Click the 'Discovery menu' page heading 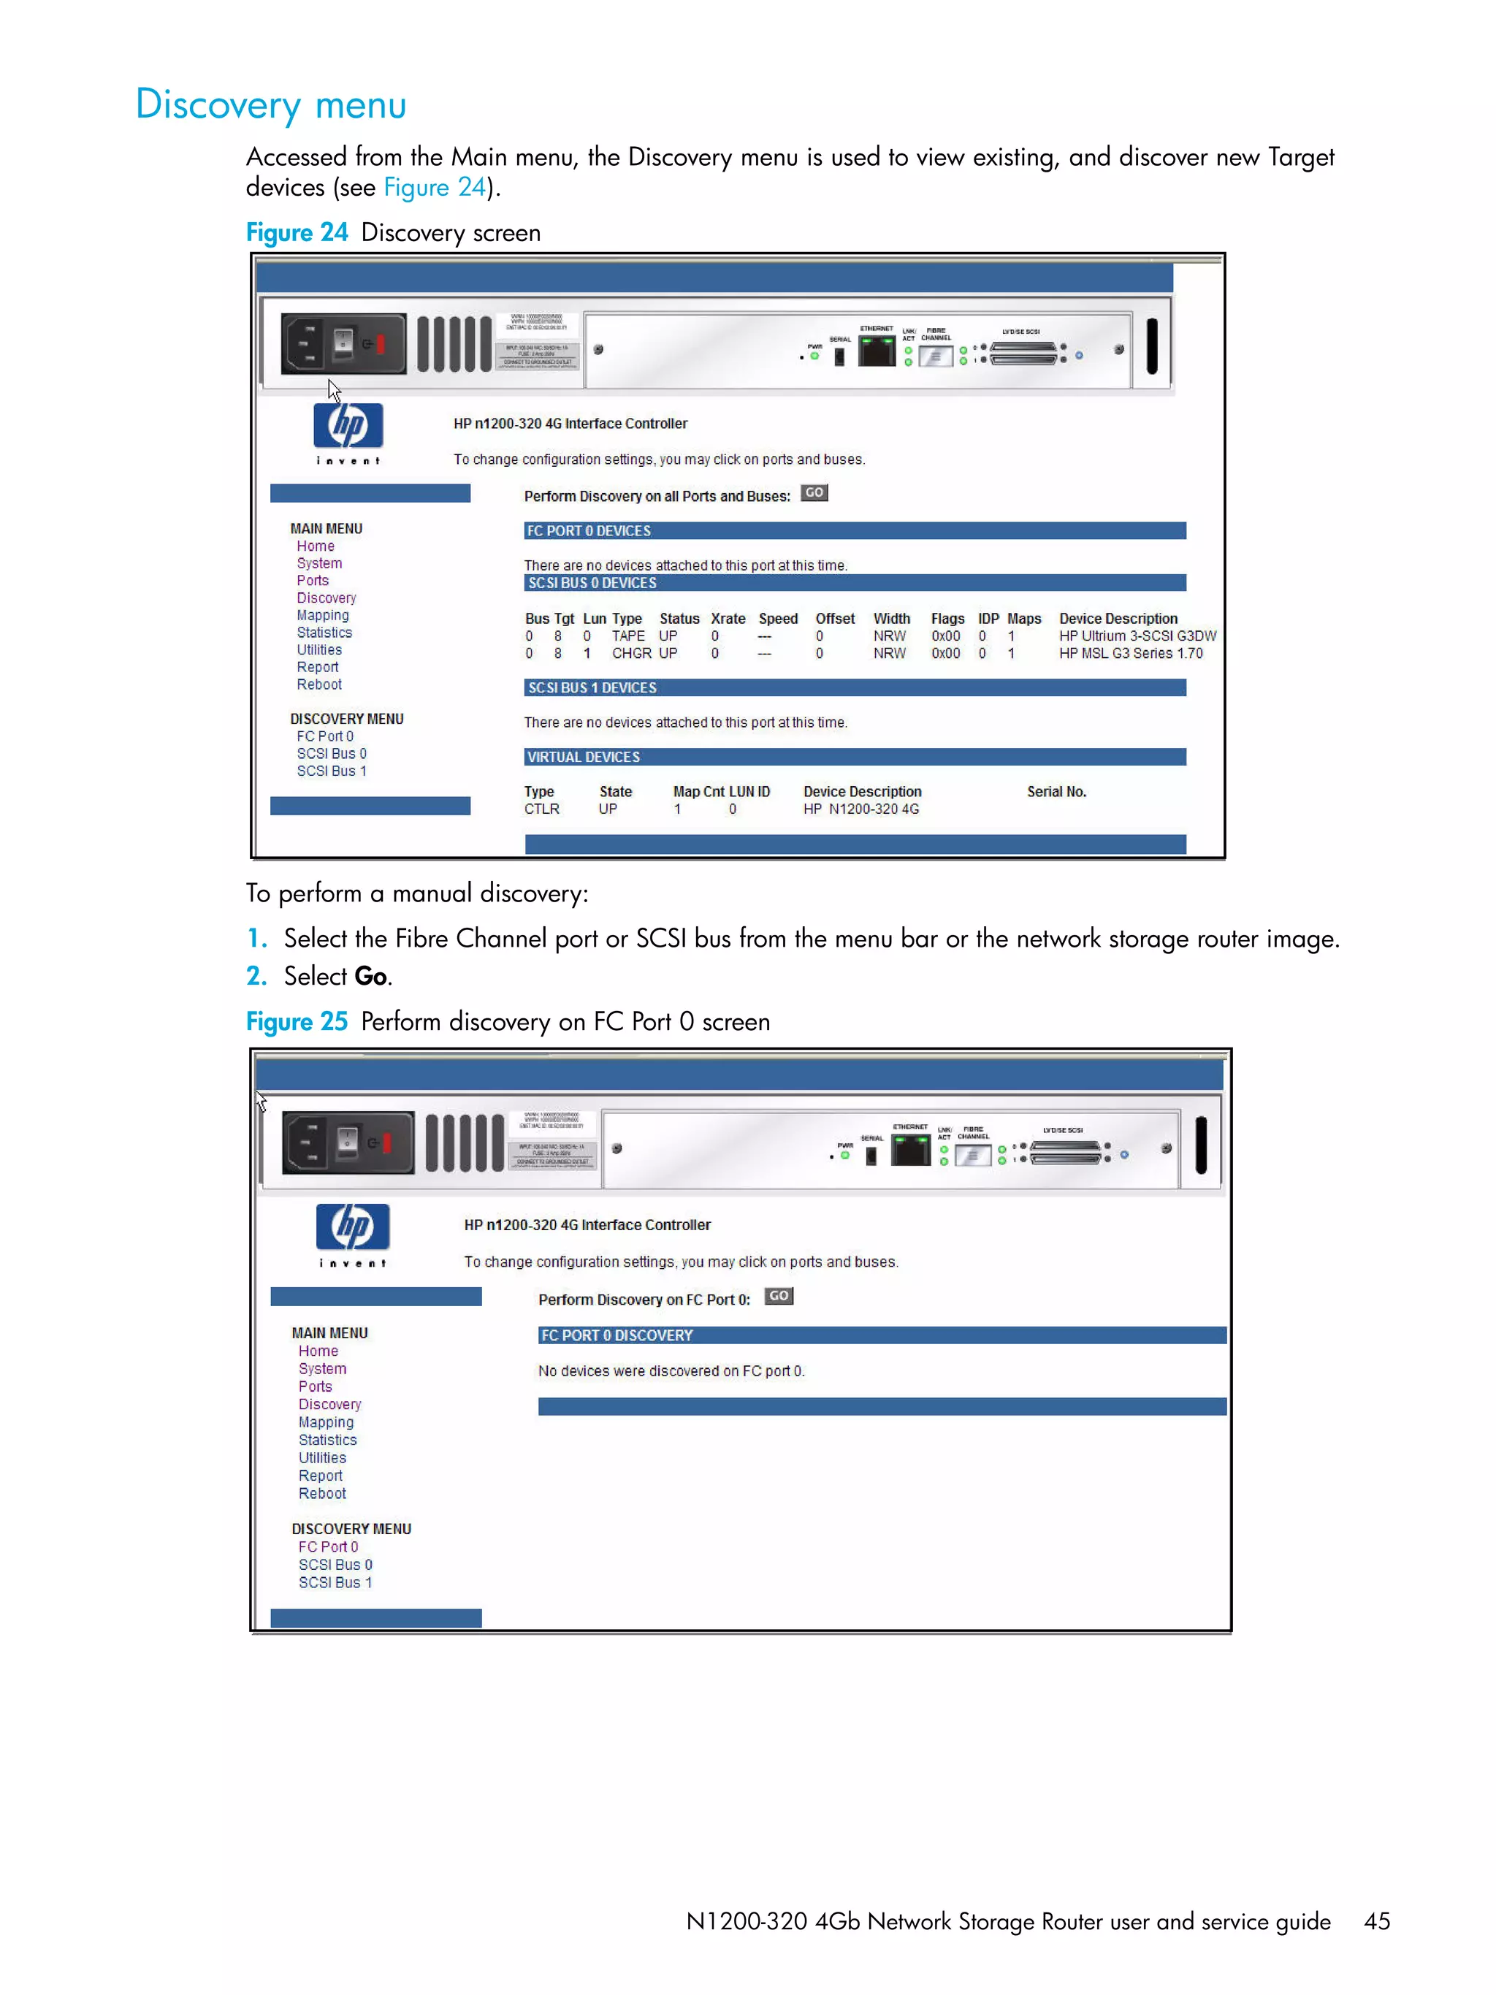pos(270,105)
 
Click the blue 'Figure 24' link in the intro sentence pos(435,188)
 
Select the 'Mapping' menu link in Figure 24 pos(323,615)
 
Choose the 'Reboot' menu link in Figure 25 pos(322,1494)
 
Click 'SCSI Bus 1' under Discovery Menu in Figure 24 pos(331,771)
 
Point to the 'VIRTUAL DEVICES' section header pos(584,758)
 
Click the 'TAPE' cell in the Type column pos(627,636)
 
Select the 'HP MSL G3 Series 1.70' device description pos(1130,654)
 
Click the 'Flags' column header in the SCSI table pos(947,619)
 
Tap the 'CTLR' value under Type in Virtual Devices pos(541,809)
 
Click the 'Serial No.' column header pos(1056,792)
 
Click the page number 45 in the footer pos(1376,1921)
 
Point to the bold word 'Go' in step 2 pos(370,977)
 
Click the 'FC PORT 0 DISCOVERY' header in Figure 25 pos(617,1335)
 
